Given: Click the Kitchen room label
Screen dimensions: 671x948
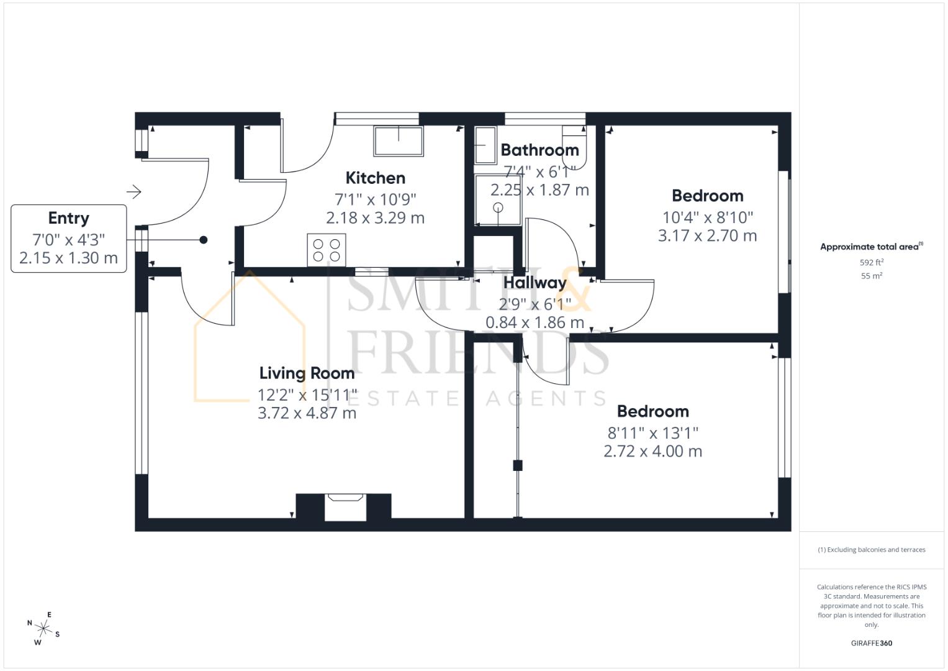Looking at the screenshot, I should (375, 178).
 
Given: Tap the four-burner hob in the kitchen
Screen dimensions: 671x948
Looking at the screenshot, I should (327, 250).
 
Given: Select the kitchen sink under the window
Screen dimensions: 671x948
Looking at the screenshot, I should (398, 141).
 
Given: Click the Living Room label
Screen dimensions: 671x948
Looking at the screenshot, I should (307, 373).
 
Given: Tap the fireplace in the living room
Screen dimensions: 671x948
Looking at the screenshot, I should (343, 506).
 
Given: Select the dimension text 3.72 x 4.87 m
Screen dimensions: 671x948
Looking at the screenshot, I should (307, 413).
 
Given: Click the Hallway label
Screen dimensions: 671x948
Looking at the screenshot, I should (535, 283).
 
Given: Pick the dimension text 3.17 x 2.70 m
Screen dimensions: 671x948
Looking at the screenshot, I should (707, 236).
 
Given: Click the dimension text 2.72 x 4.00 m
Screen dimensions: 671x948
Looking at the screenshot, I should (652, 452).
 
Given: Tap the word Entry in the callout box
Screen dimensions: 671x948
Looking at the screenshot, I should (68, 219).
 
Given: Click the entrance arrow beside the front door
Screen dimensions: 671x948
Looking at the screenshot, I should (134, 191).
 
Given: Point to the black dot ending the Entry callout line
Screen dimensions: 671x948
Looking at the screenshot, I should (203, 240).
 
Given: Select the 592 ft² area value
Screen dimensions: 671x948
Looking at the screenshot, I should (871, 263).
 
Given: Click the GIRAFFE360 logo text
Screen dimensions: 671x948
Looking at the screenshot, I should (871, 643).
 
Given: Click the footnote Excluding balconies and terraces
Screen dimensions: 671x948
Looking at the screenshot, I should (871, 550).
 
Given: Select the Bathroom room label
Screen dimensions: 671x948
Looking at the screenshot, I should (539, 150).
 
